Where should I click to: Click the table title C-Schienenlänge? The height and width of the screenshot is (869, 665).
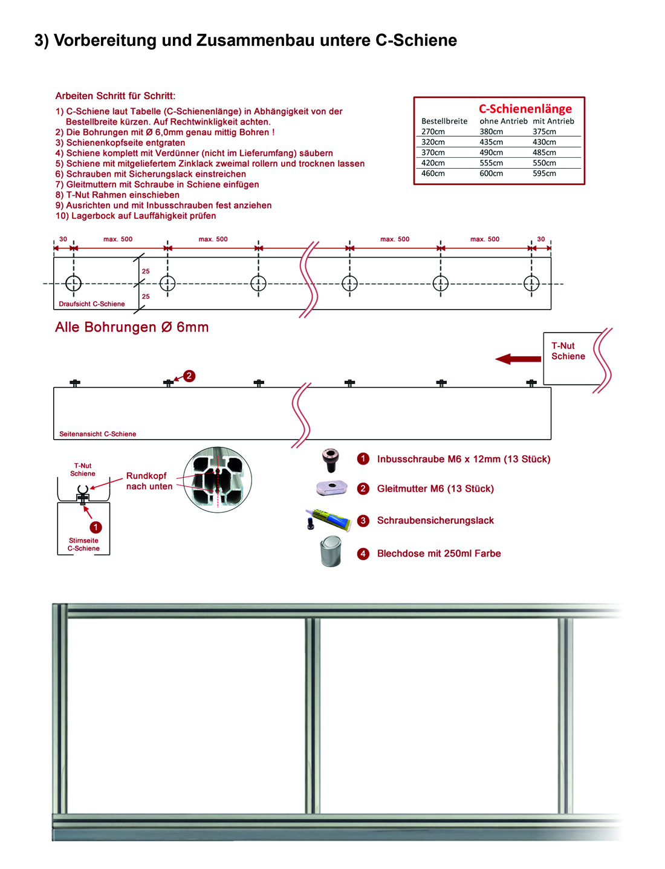pos(525,109)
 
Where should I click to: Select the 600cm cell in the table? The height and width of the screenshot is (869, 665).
pos(491,174)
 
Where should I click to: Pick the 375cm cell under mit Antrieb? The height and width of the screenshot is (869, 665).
pos(544,132)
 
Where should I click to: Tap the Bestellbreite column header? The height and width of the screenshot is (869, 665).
pos(444,121)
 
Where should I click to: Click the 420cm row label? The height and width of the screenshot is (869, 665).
pos(433,163)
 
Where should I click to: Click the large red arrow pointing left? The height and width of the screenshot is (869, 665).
pos(518,359)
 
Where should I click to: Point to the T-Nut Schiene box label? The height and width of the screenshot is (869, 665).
pos(568,351)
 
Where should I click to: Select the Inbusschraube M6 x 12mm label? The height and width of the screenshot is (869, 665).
pos(463,459)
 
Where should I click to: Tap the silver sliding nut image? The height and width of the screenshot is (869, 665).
pos(332,487)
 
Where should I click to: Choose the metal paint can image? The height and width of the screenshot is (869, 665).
pos(331,552)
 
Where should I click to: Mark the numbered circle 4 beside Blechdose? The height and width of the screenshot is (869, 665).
pos(363,553)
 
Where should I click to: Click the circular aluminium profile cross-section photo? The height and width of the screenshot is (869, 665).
pos(217,480)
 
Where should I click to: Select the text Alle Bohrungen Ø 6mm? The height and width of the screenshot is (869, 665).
pos(132,327)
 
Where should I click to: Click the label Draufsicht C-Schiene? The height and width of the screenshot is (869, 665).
pos(92,304)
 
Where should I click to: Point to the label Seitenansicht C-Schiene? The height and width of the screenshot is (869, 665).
pos(97,434)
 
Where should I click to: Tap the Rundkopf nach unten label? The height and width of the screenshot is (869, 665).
pos(149,481)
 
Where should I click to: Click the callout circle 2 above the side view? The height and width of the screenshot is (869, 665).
pos(189,376)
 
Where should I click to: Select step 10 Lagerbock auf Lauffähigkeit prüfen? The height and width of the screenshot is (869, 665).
pos(135,216)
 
